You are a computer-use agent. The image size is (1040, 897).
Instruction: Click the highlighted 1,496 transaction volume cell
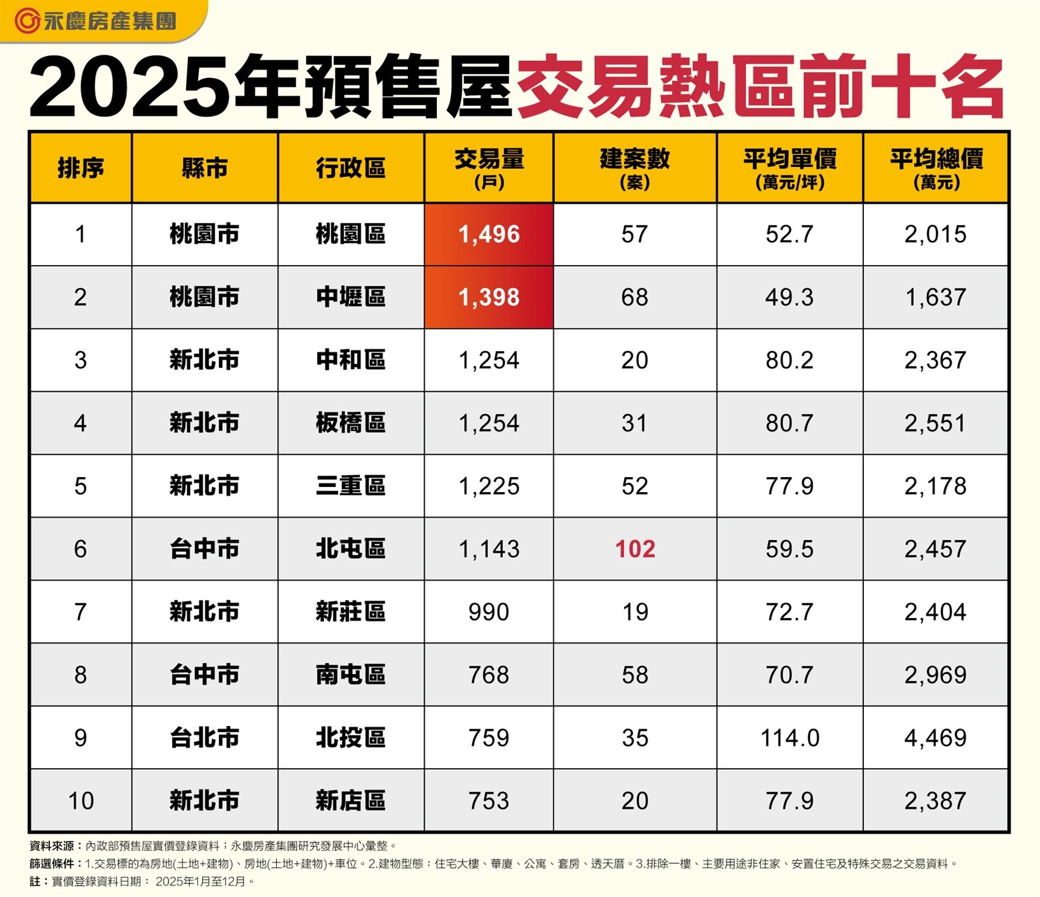pyautogui.click(x=489, y=234)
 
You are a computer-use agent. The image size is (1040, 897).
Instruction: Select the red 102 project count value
pyautogui.click(x=635, y=549)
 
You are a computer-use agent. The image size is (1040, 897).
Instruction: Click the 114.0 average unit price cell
pyautogui.click(x=790, y=738)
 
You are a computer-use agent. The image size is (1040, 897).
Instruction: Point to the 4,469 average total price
pyautogui.click(x=935, y=738)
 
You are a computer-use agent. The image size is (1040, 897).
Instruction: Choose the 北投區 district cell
pyautogui.click(x=350, y=738)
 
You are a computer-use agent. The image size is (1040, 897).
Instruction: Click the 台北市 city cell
pyautogui.click(x=204, y=738)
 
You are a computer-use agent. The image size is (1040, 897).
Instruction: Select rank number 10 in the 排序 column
pyautogui.click(x=81, y=801)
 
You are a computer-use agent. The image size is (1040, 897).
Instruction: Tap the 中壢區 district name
pyautogui.click(x=350, y=297)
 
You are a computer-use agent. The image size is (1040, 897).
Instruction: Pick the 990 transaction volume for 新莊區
pyautogui.click(x=489, y=612)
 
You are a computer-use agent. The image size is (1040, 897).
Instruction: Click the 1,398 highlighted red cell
pyautogui.click(x=489, y=297)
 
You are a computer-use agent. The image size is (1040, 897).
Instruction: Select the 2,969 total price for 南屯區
pyautogui.click(x=935, y=675)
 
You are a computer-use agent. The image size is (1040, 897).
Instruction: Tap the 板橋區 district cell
pyautogui.click(x=350, y=423)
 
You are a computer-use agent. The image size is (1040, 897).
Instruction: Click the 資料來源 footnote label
pyautogui.click(x=52, y=846)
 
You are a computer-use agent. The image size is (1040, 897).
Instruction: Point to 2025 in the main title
pyautogui.click(x=130, y=88)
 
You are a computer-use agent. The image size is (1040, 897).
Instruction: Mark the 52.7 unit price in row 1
pyautogui.click(x=790, y=234)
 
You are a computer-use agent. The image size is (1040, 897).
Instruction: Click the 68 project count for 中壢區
pyautogui.click(x=635, y=297)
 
